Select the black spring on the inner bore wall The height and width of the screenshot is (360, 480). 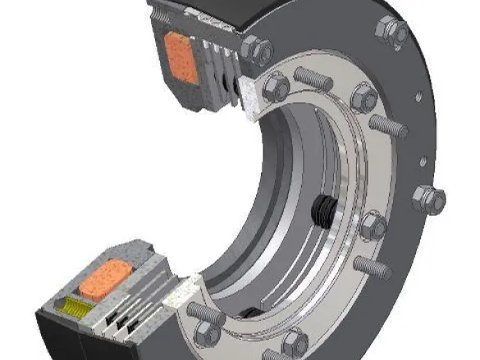tap(325, 212)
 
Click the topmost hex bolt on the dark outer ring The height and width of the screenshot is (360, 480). tap(391, 30)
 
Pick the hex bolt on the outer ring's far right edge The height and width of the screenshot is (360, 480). tap(428, 198)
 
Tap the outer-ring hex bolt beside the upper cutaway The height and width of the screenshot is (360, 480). tap(258, 52)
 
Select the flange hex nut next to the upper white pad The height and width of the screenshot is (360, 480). tap(277, 85)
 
